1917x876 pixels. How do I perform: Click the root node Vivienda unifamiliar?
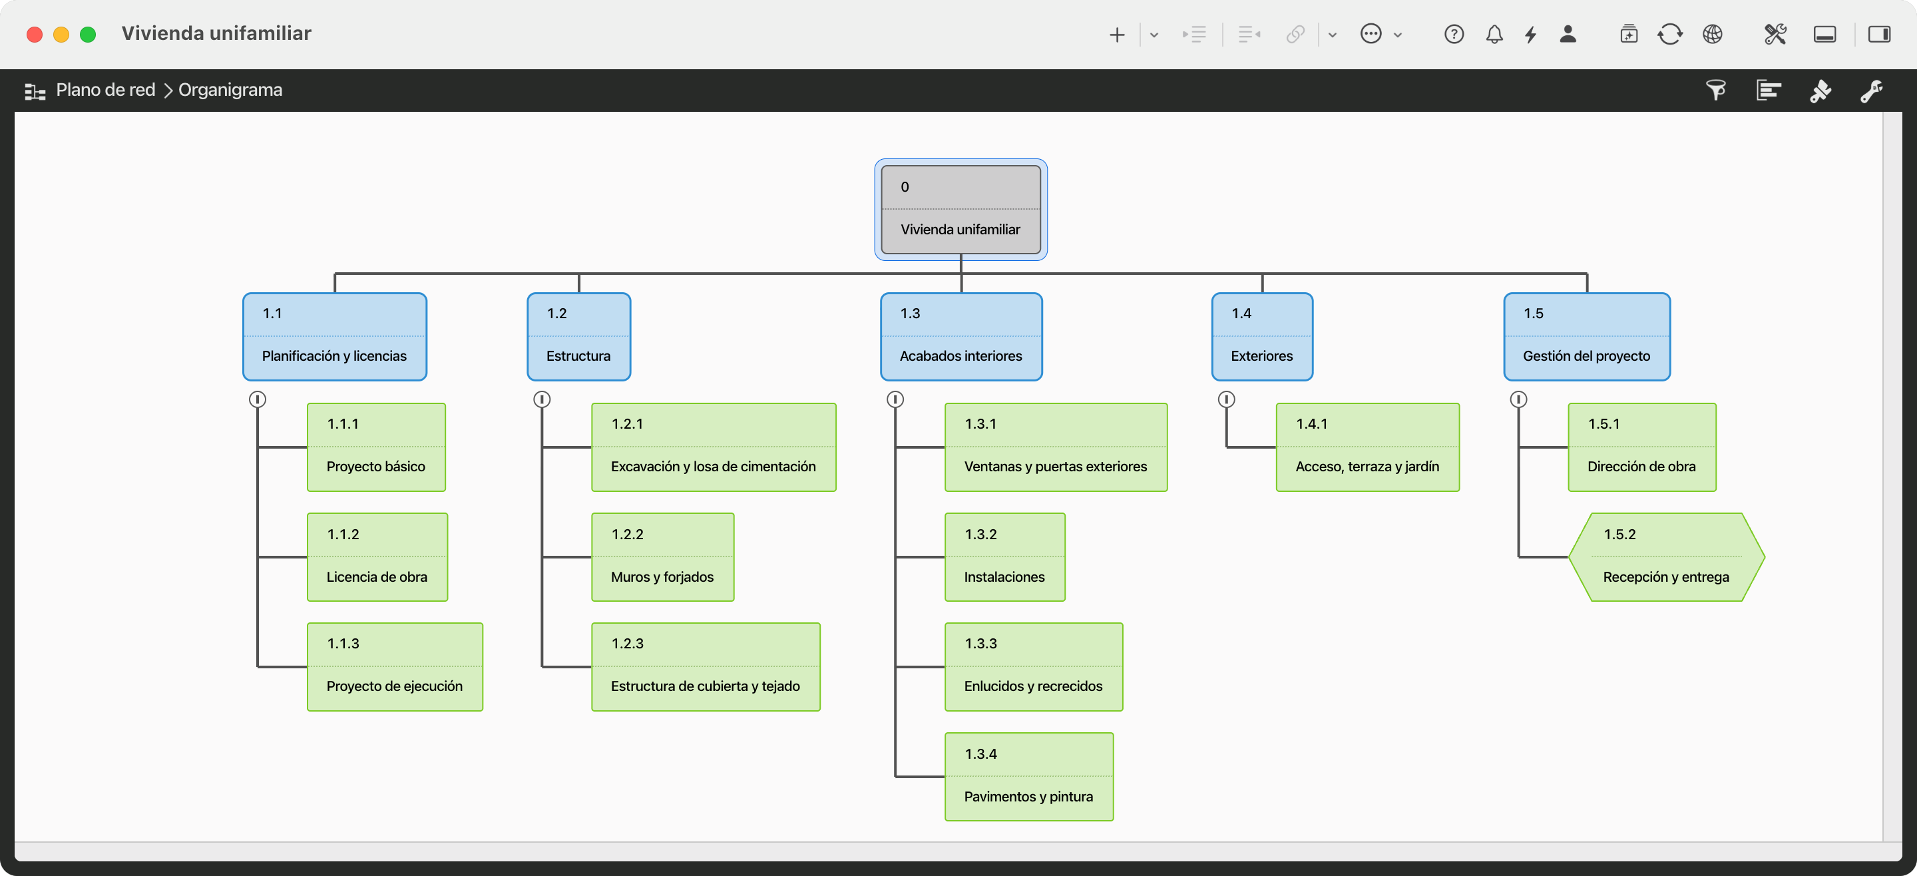tap(960, 209)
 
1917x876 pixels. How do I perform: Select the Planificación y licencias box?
tap(335, 336)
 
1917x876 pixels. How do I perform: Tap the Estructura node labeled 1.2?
tap(579, 336)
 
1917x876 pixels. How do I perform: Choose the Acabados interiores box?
tap(960, 336)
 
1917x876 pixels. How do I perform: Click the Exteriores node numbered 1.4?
tap(1262, 336)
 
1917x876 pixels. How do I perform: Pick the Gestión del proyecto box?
tap(1587, 336)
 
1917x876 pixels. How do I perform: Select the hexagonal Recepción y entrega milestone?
tap(1666, 556)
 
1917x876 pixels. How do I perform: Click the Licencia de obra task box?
tap(377, 556)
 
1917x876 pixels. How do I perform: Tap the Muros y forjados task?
tap(662, 556)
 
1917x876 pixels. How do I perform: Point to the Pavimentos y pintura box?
tap(1029, 776)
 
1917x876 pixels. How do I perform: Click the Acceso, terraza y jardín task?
tap(1368, 447)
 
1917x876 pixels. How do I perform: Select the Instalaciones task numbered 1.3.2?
tap(1004, 556)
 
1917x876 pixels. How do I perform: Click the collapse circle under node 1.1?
tap(258, 399)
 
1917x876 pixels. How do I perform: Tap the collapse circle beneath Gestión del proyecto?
tap(1519, 399)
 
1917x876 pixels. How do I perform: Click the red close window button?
tap(34, 34)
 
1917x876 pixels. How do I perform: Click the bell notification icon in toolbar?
tap(1494, 34)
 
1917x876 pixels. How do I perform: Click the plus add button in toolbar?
tap(1117, 34)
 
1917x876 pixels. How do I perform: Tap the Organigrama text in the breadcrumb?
tap(231, 90)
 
